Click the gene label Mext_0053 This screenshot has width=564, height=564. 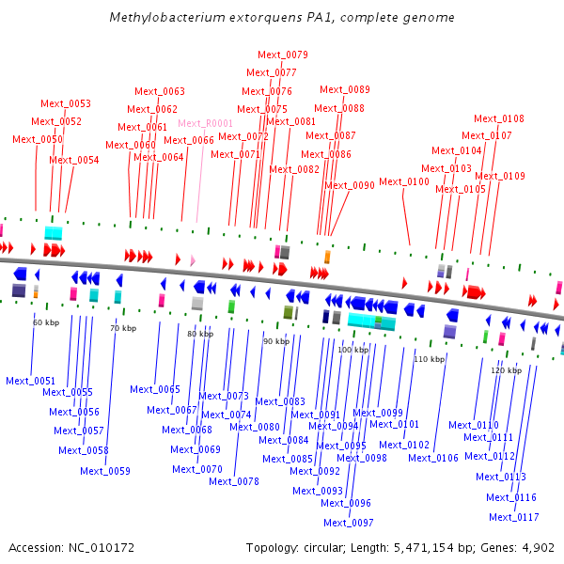[66, 103]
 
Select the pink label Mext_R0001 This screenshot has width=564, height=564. [205, 124]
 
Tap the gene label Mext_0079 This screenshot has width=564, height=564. [283, 55]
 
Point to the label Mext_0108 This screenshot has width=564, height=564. [499, 118]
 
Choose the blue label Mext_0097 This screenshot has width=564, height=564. [349, 523]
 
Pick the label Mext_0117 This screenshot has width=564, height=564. [514, 517]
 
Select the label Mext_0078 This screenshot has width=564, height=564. [234, 481]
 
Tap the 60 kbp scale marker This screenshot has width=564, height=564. [46, 322]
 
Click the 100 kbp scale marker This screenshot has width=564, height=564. [352, 350]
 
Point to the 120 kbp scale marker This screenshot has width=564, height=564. [506, 371]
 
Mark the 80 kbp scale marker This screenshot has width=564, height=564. [200, 334]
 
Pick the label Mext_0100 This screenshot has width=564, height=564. [404, 182]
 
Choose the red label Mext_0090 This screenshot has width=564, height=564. [350, 186]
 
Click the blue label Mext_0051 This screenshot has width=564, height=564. [30, 381]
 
